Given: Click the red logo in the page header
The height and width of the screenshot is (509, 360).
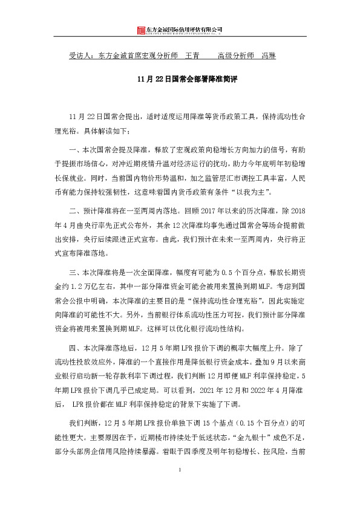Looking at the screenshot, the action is [141, 30].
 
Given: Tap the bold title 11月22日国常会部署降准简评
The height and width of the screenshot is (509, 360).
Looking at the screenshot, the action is [180, 79].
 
